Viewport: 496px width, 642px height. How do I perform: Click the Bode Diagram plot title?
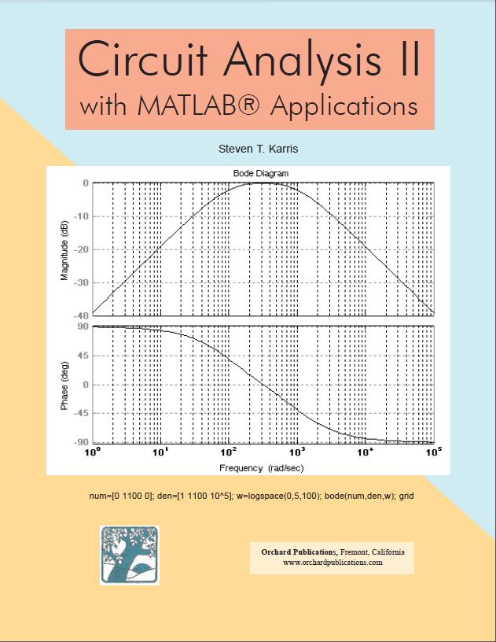[x=261, y=173]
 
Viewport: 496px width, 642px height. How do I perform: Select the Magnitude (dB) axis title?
[x=64, y=249]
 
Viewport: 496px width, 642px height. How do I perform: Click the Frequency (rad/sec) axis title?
[x=262, y=468]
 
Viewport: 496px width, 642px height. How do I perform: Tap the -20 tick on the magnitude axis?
[x=80, y=249]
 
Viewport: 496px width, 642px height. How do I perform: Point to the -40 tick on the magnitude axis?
[x=80, y=315]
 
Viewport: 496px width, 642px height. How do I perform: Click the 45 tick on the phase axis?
[x=83, y=355]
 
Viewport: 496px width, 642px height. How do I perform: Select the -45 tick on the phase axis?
[x=80, y=413]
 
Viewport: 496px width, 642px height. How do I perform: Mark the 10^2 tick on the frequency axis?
[x=229, y=454]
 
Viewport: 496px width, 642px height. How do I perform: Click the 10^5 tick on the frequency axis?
[x=433, y=454]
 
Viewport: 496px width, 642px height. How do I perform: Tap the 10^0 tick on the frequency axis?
[x=93, y=454]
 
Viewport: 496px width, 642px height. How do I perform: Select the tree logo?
[x=130, y=555]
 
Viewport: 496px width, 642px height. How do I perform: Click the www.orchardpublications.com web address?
[x=333, y=563]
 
